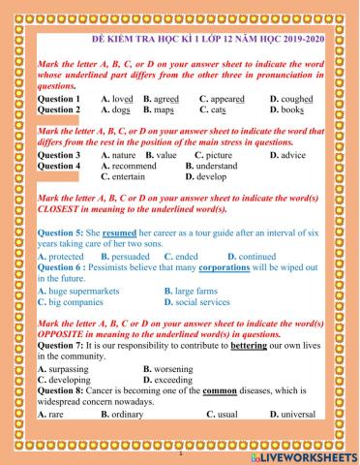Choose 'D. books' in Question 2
286,109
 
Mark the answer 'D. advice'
287,154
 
